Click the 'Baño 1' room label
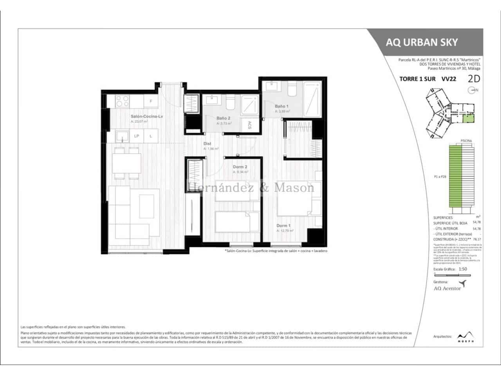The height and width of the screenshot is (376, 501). tap(281, 106)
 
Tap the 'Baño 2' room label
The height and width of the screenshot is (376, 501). tap(223, 118)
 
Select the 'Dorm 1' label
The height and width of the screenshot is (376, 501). tap(283, 226)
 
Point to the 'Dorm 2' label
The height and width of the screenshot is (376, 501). tap(240, 167)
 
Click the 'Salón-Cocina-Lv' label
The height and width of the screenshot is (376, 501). tap(146, 116)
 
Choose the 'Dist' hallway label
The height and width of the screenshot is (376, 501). tap(207, 144)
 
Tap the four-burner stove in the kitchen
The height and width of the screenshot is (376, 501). tap(121, 101)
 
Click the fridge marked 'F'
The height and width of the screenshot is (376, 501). tap(151, 101)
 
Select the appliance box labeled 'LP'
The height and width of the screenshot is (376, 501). tap(137, 136)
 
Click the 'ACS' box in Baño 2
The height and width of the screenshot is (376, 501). tap(249, 125)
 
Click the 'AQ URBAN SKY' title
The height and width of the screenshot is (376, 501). tap(422, 42)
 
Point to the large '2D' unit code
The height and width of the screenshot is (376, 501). tap(474, 78)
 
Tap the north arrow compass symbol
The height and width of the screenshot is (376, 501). tap(472, 90)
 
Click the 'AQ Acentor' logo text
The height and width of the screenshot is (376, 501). tap(447, 288)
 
